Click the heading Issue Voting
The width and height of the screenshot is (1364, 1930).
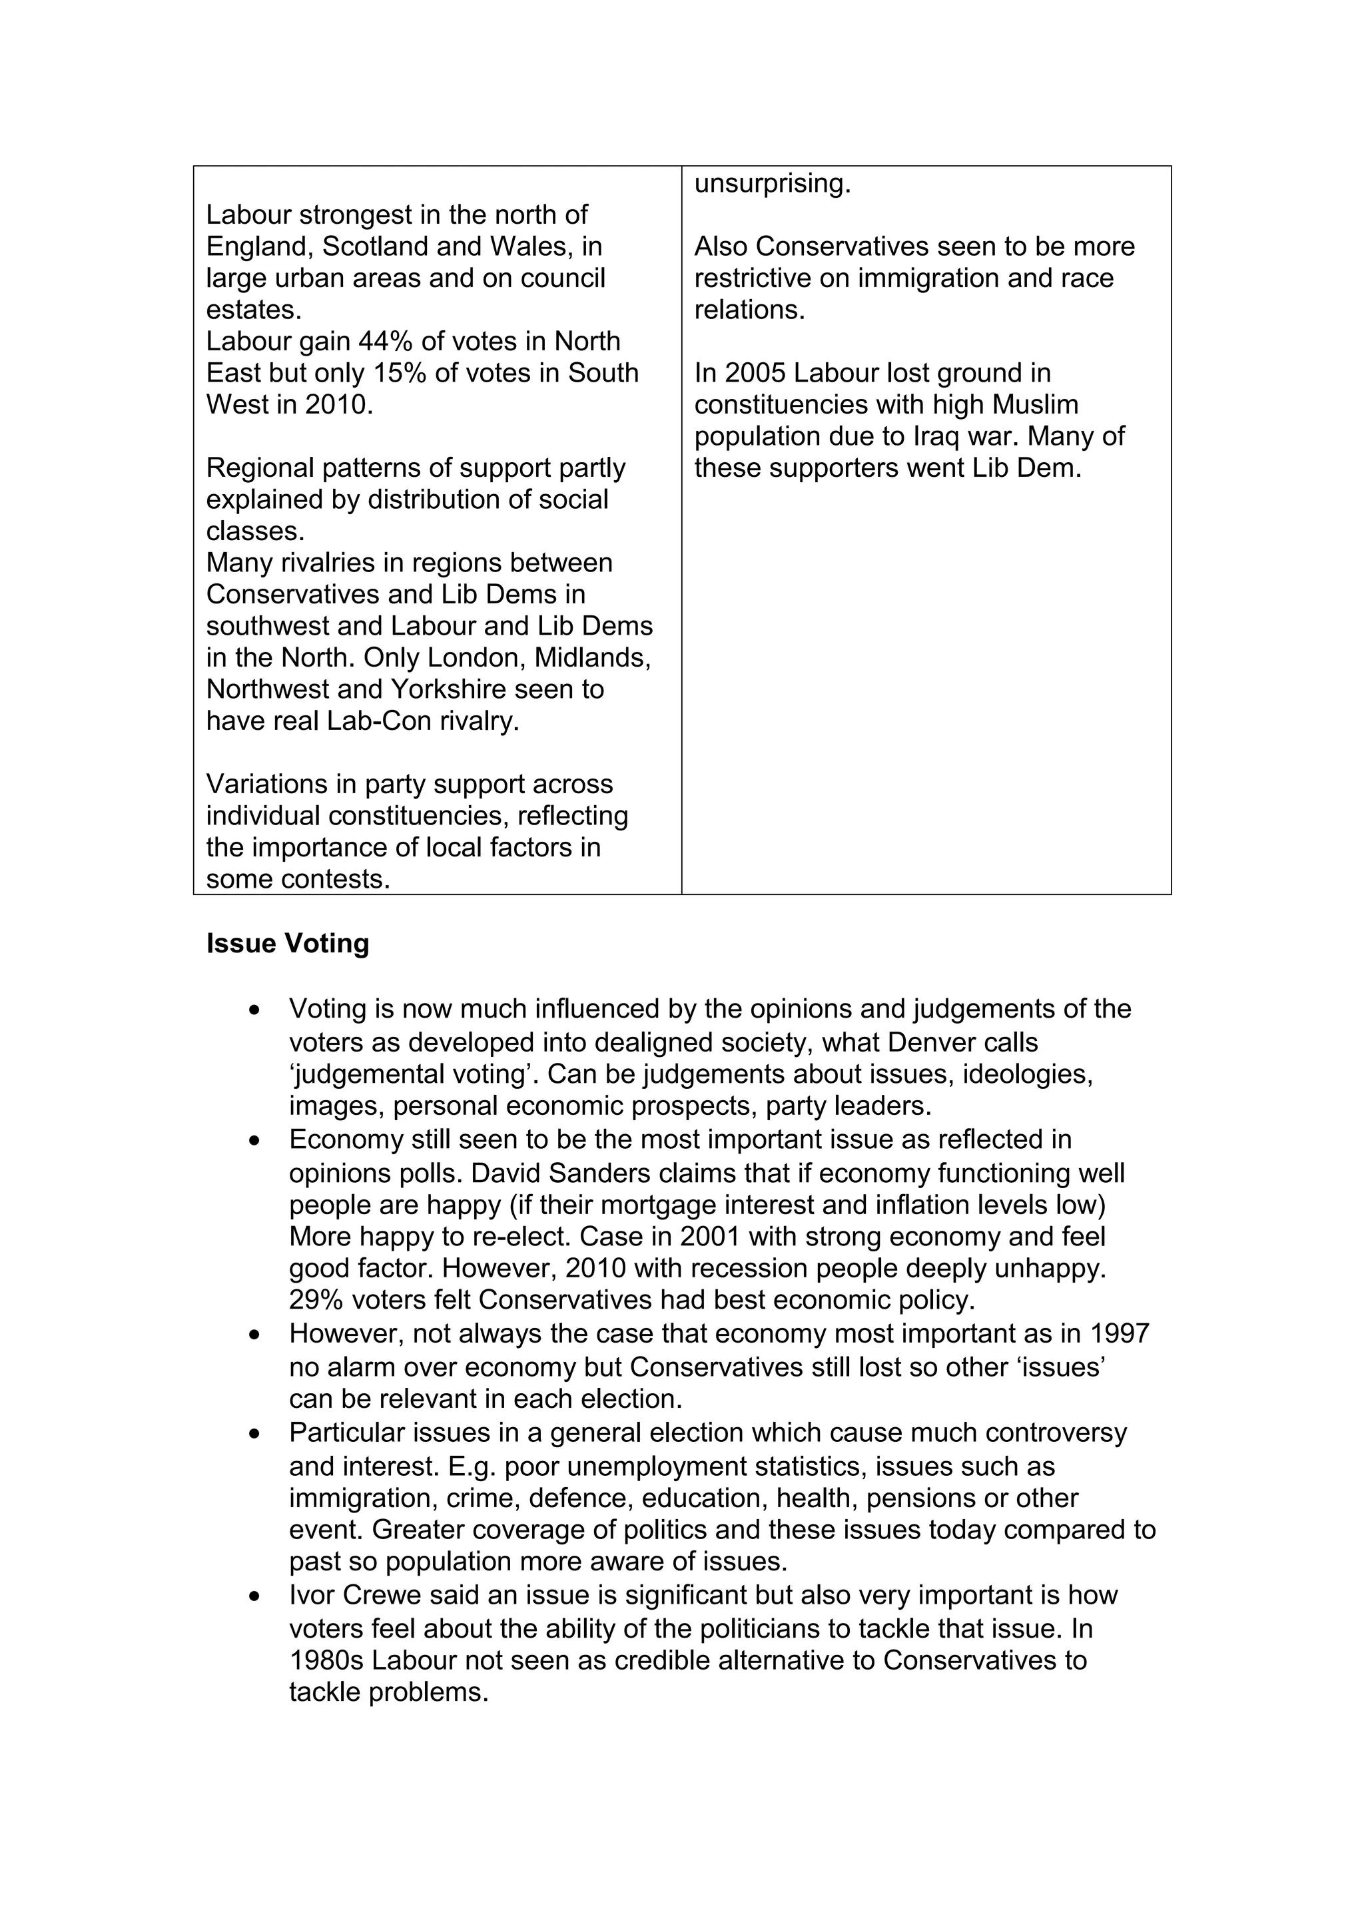[288, 944]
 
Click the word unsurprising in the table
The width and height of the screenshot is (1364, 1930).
[771, 184]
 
